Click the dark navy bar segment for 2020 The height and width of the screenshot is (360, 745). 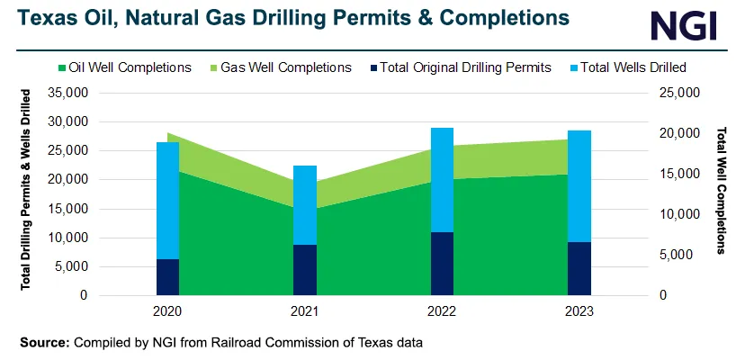[x=167, y=277]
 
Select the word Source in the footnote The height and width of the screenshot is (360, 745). [x=42, y=343]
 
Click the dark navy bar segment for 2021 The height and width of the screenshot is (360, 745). [x=305, y=270]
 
